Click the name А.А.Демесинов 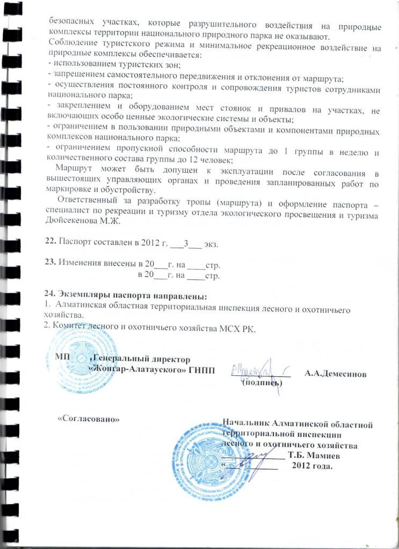point(336,374)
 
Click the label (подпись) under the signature point(262,383)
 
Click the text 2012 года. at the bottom point(312,465)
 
